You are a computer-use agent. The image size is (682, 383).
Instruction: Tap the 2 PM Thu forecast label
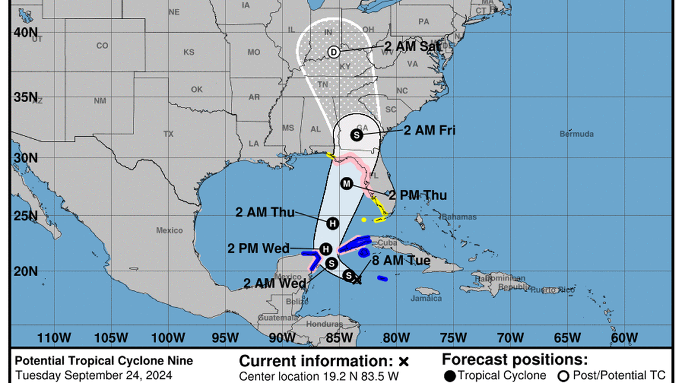click(418, 195)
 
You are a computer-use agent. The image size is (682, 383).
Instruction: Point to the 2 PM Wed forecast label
click(258, 249)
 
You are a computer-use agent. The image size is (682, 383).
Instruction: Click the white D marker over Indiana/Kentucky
click(334, 52)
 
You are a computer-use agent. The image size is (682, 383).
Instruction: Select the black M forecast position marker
click(346, 183)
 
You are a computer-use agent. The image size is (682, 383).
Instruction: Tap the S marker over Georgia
click(357, 134)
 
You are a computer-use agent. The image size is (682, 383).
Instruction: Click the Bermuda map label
click(577, 134)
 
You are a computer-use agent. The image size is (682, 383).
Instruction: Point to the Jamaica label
click(428, 298)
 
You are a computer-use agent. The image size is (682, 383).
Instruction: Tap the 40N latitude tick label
click(26, 33)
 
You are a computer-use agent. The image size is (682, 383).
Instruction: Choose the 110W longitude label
click(54, 338)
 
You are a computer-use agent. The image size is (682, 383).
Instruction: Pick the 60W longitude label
click(623, 338)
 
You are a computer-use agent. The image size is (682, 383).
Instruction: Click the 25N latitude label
click(26, 216)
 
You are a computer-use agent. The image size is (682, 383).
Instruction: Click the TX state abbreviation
click(168, 134)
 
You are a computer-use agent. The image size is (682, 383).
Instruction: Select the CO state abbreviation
click(102, 45)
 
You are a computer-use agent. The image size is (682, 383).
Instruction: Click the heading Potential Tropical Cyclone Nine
click(104, 361)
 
